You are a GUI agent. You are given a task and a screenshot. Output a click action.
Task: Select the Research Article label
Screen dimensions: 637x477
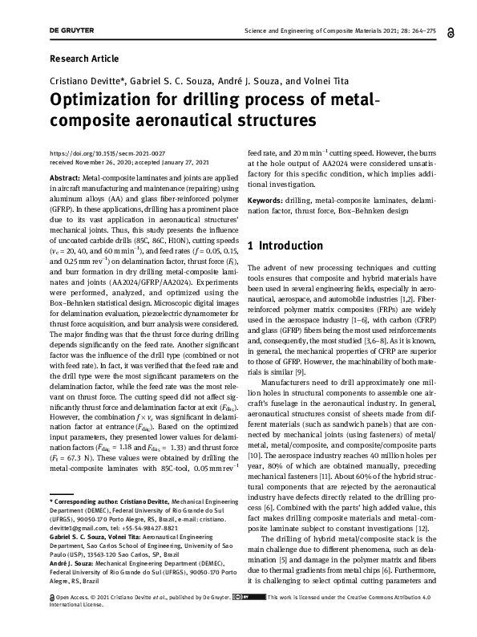[83, 59]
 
